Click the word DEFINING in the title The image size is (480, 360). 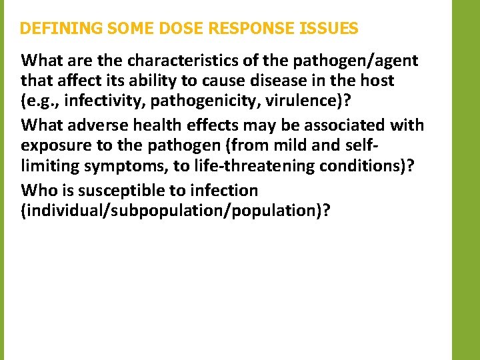(60, 29)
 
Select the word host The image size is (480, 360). (378, 81)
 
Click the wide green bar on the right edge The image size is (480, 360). (466, 180)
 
